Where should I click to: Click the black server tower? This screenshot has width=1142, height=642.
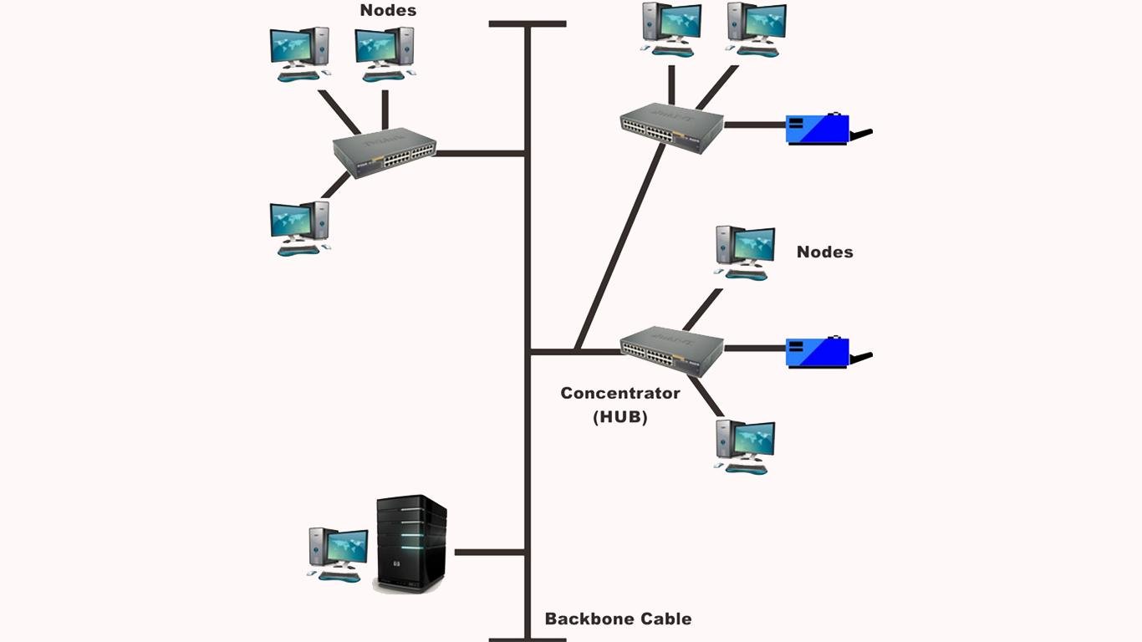410,543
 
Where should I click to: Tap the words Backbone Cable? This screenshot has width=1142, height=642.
618,619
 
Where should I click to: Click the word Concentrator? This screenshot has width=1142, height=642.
619,393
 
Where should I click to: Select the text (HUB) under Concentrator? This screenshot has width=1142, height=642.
620,416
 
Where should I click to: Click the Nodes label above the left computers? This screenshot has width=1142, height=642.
388,11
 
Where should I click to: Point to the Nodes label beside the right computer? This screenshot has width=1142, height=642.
824,252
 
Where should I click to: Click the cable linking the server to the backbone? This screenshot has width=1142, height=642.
489,553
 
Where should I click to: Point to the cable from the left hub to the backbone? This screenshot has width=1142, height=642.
480,153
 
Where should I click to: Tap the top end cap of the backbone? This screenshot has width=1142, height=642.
528,24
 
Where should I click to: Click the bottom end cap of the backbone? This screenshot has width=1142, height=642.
528,639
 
